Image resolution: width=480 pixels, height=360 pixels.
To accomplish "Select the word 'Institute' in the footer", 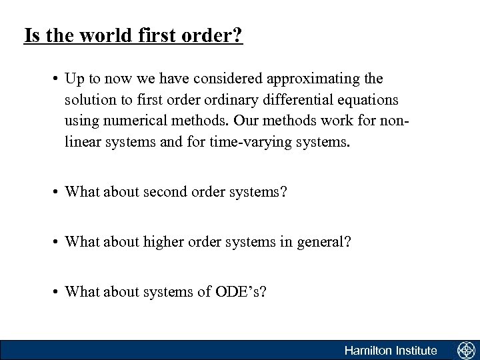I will click(415, 351).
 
